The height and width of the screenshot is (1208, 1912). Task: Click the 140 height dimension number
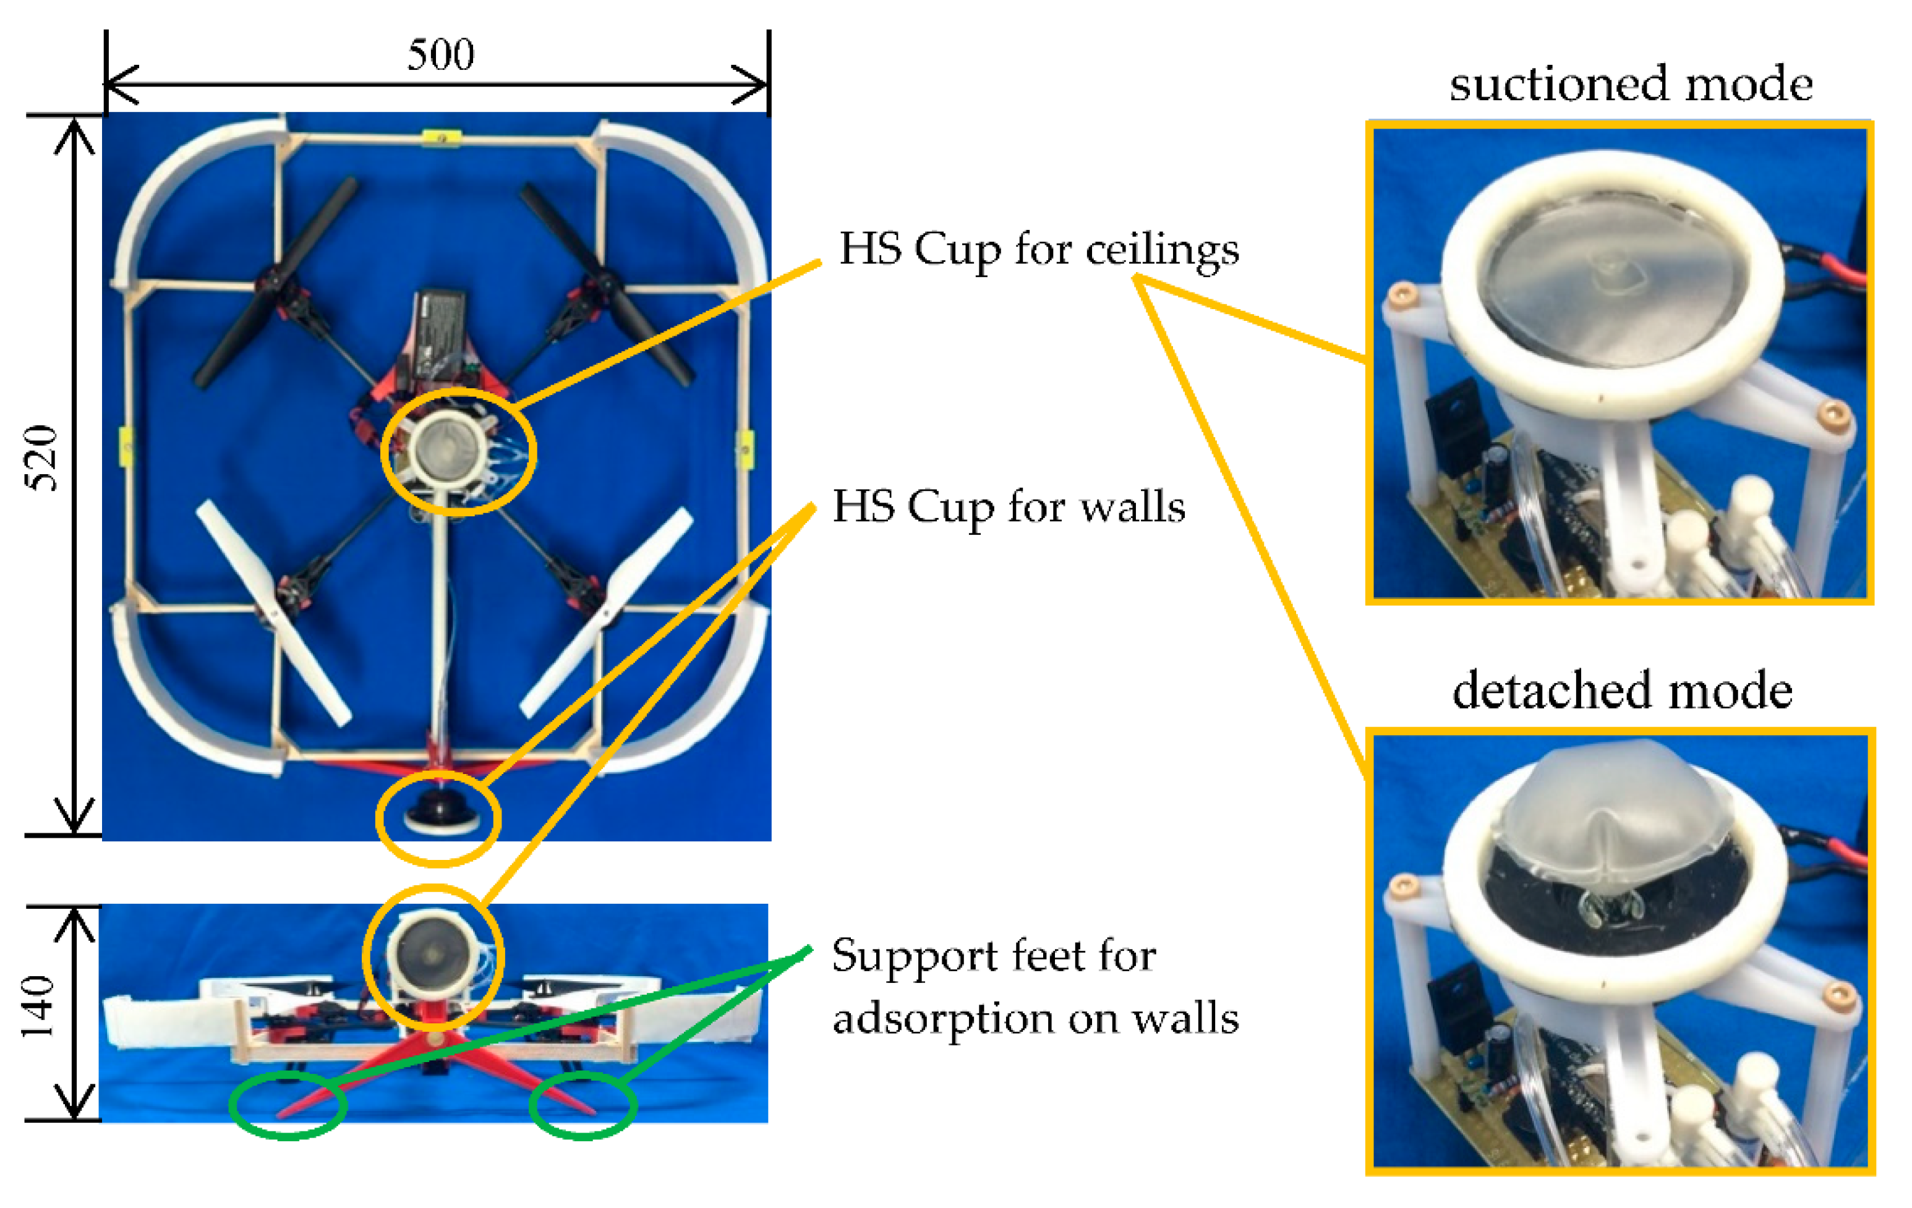coord(38,1007)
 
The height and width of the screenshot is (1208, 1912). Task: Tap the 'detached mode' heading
coord(1621,691)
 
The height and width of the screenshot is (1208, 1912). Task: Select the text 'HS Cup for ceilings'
coord(1039,249)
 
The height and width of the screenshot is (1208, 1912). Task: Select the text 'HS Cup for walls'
coord(1009,506)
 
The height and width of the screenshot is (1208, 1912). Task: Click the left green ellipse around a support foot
coord(288,1105)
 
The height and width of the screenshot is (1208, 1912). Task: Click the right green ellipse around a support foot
coord(583,1105)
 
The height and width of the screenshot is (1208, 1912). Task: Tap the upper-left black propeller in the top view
coord(276,283)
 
